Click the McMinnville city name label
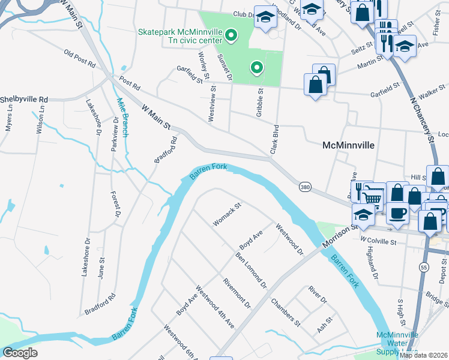348,145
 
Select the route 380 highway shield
305,188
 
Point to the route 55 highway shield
424,266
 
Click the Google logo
20,353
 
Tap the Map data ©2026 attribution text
424,355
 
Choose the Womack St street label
227,214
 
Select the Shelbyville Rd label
23,99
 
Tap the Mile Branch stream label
122,118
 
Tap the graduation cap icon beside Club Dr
265,18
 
